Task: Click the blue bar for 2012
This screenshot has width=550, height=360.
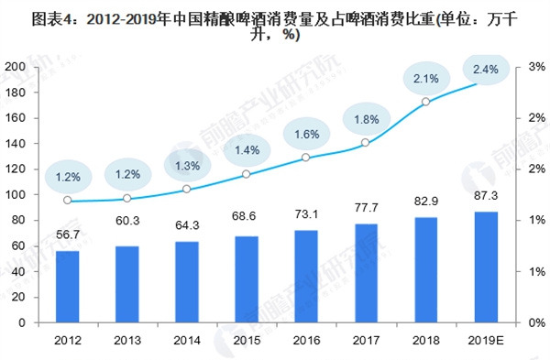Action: (68, 287)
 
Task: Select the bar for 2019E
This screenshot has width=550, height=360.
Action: (486, 267)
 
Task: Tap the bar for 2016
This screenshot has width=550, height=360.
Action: (306, 277)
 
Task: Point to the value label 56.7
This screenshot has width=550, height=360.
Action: (68, 235)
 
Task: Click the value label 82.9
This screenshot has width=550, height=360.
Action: (426, 202)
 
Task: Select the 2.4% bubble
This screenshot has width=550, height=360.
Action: (486, 70)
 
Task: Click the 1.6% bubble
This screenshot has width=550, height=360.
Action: (307, 135)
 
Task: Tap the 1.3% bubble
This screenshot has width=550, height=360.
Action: (188, 166)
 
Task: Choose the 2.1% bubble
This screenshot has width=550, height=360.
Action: (426, 79)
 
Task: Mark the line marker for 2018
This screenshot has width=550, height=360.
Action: (426, 102)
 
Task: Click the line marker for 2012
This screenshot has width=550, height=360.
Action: (68, 201)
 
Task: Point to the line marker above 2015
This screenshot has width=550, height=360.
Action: (247, 174)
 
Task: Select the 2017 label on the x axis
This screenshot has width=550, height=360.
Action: (366, 340)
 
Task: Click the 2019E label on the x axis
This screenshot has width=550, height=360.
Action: (486, 340)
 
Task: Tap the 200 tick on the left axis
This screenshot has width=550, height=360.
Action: (16, 67)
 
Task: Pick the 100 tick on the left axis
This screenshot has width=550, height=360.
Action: (16, 194)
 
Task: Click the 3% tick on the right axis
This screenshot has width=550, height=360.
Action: (536, 67)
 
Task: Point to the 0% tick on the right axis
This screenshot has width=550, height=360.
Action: (536, 322)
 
